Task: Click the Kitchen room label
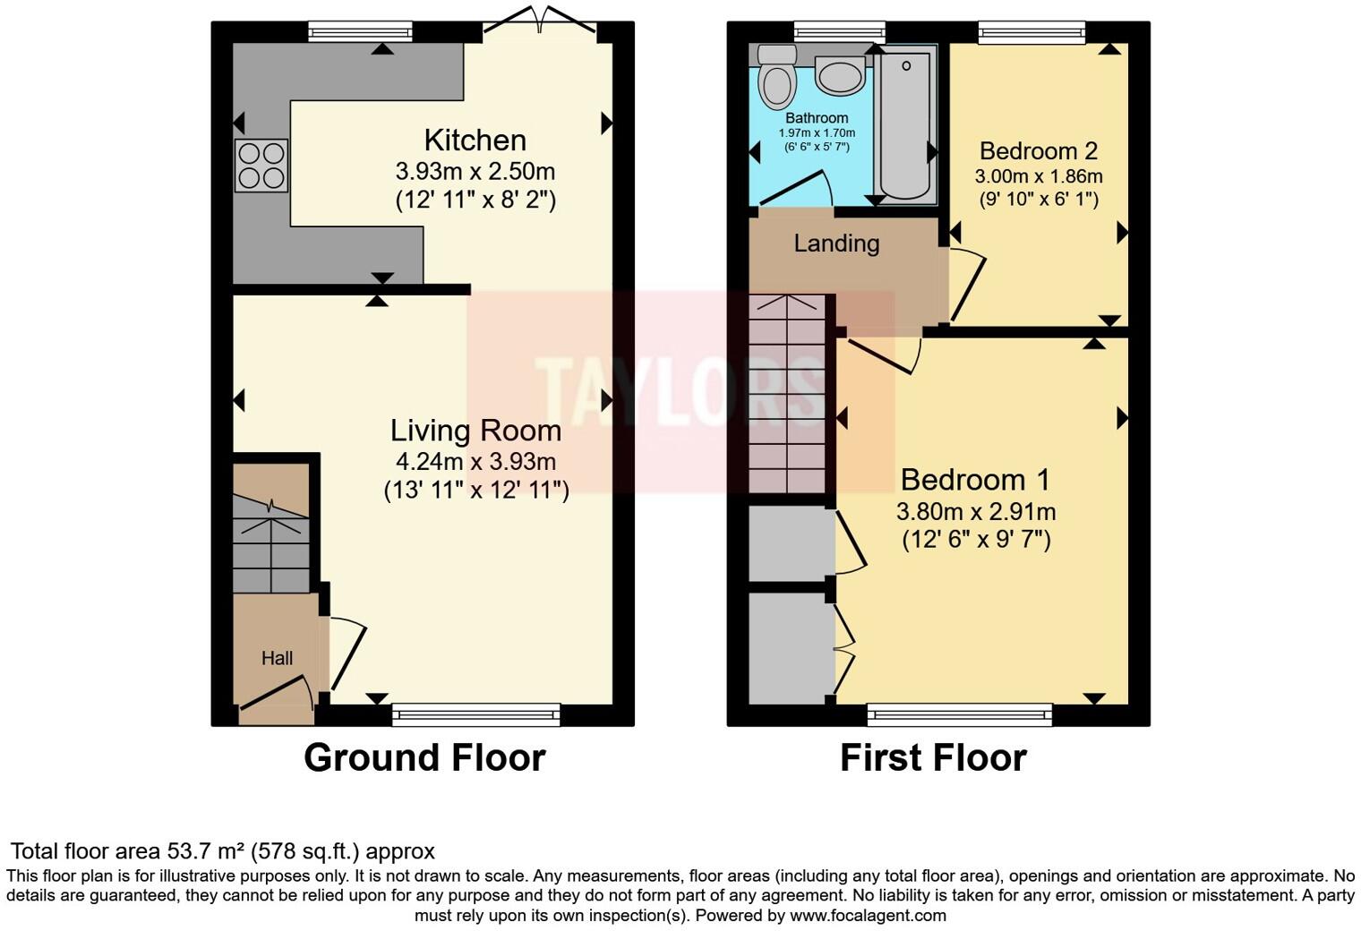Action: pyautogui.click(x=475, y=141)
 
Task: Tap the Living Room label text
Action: pyautogui.click(x=475, y=431)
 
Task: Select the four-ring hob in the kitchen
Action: pyautogui.click(x=261, y=166)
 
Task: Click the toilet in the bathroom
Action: pyautogui.click(x=776, y=77)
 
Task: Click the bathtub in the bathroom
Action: pyautogui.click(x=904, y=125)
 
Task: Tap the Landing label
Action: pyautogui.click(x=836, y=243)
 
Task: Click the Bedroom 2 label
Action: pyautogui.click(x=1038, y=150)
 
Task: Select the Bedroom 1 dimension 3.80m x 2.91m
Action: pyautogui.click(x=975, y=512)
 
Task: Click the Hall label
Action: pyautogui.click(x=277, y=658)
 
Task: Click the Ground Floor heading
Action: pyautogui.click(x=424, y=757)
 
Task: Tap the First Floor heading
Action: pyautogui.click(x=932, y=757)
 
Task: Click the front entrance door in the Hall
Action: pyautogui.click(x=277, y=696)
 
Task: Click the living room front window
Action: pyautogui.click(x=475, y=713)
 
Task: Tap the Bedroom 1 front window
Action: pyautogui.click(x=959, y=713)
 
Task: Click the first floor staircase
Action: pyautogui.click(x=786, y=394)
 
